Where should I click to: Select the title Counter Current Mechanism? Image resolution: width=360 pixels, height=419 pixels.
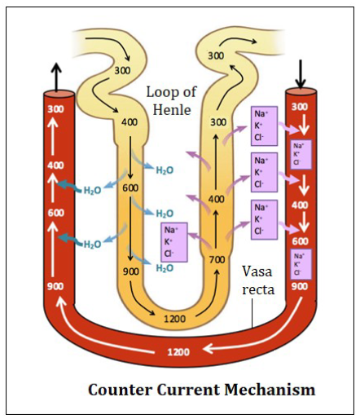click(x=200, y=390)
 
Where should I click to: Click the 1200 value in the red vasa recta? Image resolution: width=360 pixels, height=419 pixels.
click(x=178, y=352)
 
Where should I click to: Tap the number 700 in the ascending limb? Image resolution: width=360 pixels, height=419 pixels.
click(x=217, y=259)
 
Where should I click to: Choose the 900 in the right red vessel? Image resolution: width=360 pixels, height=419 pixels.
click(x=299, y=287)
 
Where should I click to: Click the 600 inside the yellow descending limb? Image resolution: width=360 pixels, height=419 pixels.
click(x=130, y=187)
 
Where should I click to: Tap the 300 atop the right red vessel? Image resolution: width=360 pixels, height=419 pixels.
click(x=299, y=107)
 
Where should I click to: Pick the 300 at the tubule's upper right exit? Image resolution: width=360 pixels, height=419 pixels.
click(x=216, y=55)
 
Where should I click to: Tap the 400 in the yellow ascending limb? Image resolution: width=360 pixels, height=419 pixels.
click(x=217, y=199)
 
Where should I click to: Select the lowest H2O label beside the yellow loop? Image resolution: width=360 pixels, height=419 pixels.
click(x=165, y=267)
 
